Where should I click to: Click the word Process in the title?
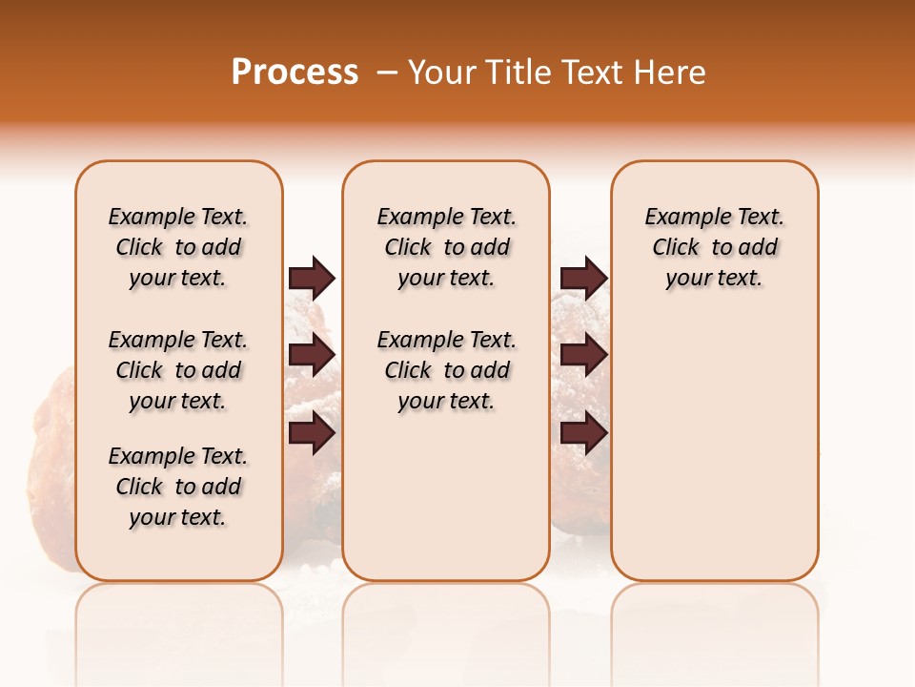[x=295, y=73]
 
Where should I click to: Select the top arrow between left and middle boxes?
[x=312, y=278]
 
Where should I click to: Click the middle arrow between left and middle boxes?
[x=312, y=355]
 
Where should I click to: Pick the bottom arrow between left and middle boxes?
[x=312, y=433]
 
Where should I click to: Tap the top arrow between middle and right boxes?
[x=583, y=278]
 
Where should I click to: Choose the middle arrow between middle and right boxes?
[x=583, y=355]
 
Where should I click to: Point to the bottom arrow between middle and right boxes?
[x=583, y=433]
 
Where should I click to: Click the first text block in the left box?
[x=178, y=247]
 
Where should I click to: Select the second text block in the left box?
[x=178, y=370]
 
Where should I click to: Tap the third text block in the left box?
[x=178, y=487]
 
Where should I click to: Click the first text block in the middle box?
[x=446, y=247]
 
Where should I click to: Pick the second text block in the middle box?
[x=446, y=370]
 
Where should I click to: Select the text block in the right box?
[x=714, y=247]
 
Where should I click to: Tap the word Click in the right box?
[x=676, y=248]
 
